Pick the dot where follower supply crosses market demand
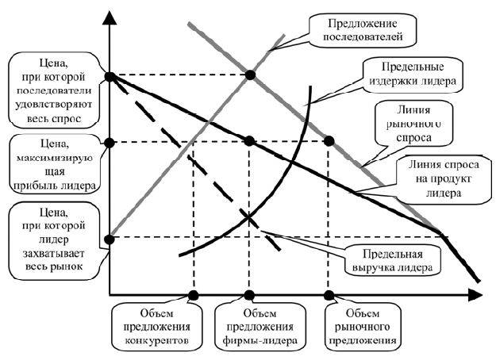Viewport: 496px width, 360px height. click(250, 75)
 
